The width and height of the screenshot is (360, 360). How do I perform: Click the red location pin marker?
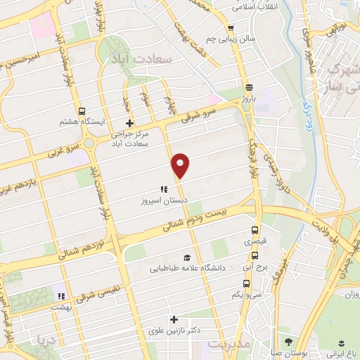tap(180, 165)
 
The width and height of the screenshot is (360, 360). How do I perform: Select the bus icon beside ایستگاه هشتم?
tap(82, 111)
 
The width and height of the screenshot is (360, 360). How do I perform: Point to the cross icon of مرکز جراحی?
tap(129, 124)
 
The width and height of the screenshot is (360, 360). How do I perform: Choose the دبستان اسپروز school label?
tap(163, 200)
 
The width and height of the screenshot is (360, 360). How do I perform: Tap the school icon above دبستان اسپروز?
tap(163, 189)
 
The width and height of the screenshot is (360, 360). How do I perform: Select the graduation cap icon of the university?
tap(186, 257)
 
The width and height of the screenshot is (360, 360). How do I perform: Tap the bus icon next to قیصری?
tap(255, 230)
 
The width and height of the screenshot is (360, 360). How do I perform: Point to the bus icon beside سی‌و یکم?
tap(245, 283)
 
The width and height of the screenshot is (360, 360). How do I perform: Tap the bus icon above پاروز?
tap(249, 87)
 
